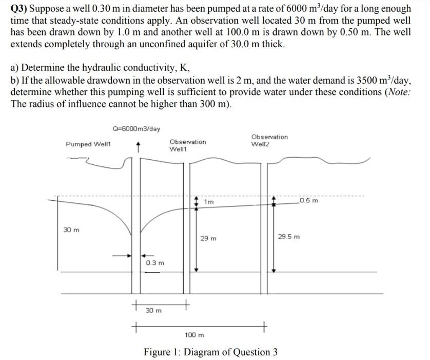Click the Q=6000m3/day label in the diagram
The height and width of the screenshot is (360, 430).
[136, 128]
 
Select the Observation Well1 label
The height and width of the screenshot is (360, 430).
[187, 145]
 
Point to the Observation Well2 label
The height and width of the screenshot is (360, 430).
[269, 140]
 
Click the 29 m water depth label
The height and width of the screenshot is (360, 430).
[209, 238]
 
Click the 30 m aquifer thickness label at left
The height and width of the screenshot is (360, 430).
[71, 230]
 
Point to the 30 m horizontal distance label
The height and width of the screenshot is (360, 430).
[153, 311]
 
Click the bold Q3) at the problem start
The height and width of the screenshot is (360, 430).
[21, 9]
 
